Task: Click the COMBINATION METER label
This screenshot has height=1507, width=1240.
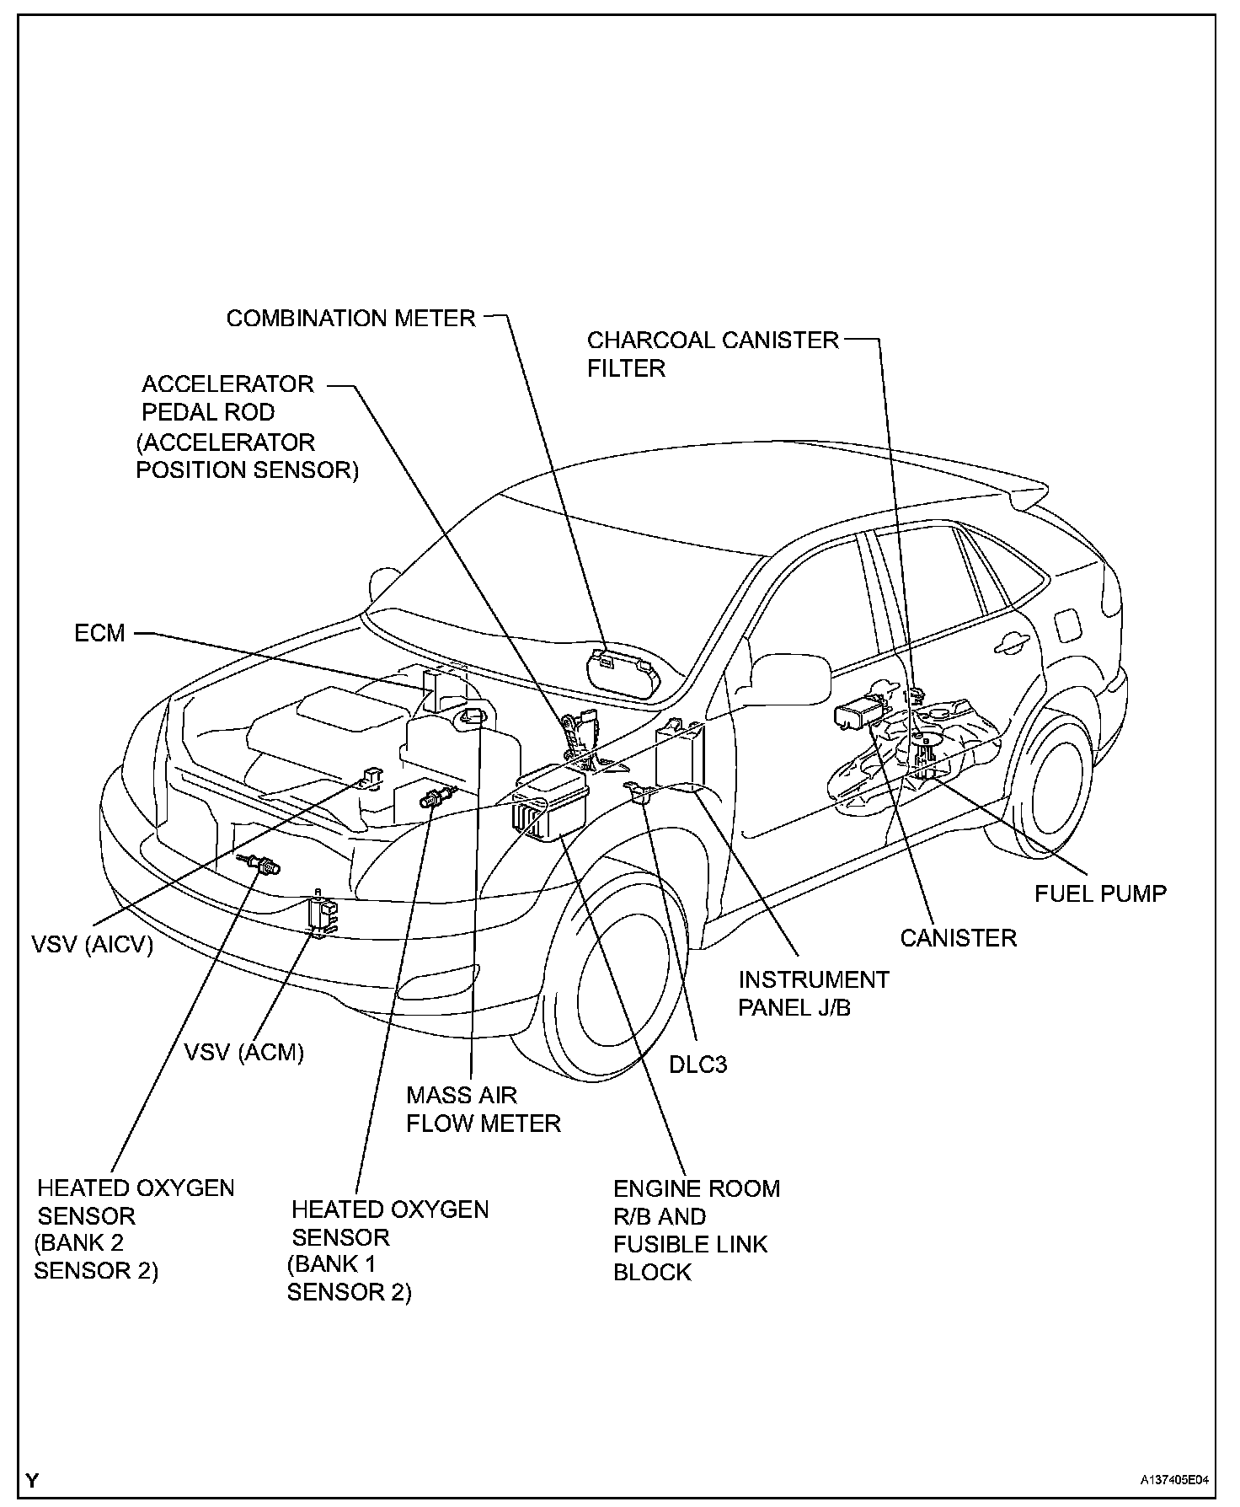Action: (350, 319)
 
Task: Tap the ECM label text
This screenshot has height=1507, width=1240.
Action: (99, 633)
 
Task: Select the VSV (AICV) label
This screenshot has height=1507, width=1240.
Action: (93, 945)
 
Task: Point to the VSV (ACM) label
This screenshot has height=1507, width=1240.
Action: (244, 1052)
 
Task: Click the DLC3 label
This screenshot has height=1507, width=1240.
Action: (697, 1065)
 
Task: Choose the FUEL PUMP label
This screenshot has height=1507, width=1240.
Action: (1100, 893)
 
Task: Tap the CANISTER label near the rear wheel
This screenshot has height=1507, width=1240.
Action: (958, 938)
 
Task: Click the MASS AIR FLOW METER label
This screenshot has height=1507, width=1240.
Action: (483, 1109)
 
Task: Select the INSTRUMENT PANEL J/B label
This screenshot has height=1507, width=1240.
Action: (813, 993)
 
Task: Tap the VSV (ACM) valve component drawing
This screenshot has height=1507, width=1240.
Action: (320, 914)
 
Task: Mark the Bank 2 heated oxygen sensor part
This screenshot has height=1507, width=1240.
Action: (259, 864)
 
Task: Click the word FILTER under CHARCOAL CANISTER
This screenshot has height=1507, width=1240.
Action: (626, 368)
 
